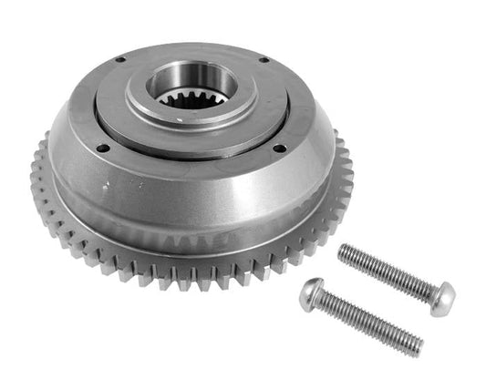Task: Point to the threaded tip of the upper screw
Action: (x=345, y=251)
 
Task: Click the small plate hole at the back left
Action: (x=119, y=60)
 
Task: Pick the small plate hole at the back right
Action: (x=264, y=61)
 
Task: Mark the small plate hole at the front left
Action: (x=101, y=148)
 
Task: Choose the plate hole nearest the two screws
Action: (x=279, y=149)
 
